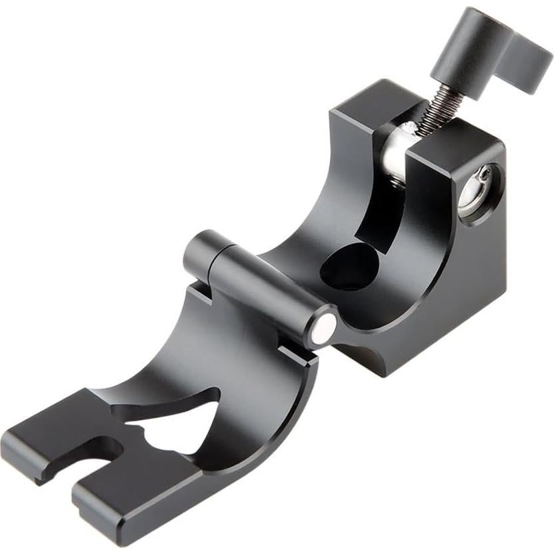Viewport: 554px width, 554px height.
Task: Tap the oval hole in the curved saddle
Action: point(350,267)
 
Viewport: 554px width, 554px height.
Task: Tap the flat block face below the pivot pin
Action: point(467,287)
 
